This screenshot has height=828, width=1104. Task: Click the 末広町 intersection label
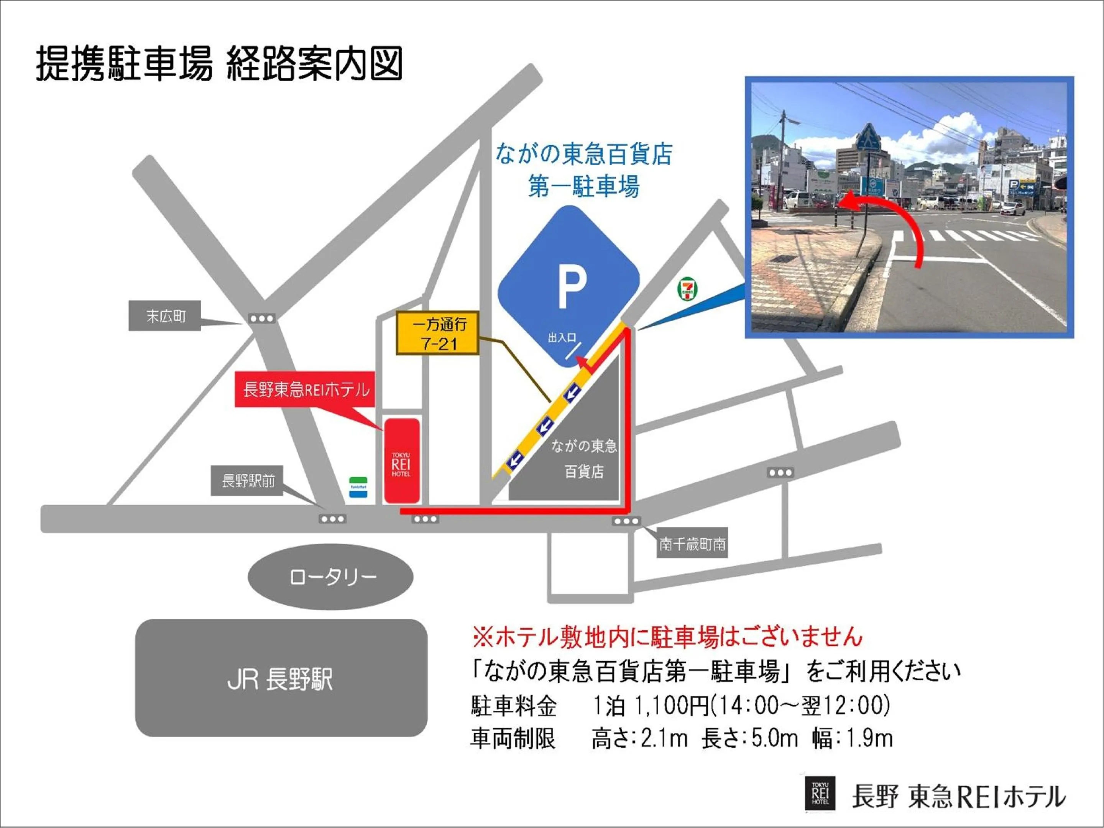click(165, 315)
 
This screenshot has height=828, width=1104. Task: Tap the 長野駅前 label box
click(247, 481)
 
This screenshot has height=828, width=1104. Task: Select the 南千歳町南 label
click(692, 544)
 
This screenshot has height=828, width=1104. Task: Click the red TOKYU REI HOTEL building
click(401, 461)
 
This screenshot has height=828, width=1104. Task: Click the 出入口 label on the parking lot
click(562, 338)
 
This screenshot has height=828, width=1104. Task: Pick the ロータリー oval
click(330, 577)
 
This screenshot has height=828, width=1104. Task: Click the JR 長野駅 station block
click(281, 678)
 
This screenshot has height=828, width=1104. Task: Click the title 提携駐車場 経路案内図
click(220, 64)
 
